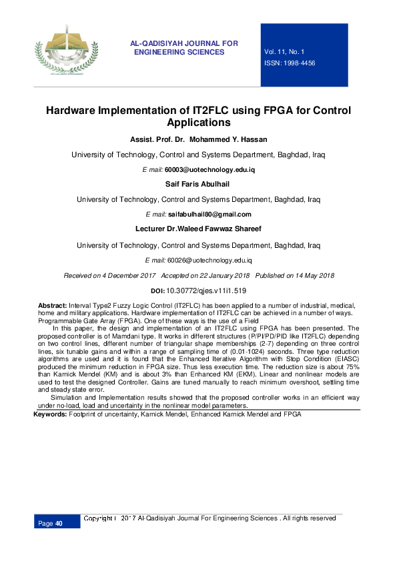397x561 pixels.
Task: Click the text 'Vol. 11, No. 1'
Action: (284, 51)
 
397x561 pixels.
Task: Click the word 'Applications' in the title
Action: (198, 123)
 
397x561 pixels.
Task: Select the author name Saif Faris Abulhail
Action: (198, 183)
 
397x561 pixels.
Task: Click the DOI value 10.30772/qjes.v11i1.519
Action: (207, 290)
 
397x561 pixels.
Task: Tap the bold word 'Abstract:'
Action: (53, 304)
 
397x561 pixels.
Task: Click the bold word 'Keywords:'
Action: (50, 414)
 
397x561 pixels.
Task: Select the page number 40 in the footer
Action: (59, 524)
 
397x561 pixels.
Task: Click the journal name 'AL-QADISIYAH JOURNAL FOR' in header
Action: (184, 43)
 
